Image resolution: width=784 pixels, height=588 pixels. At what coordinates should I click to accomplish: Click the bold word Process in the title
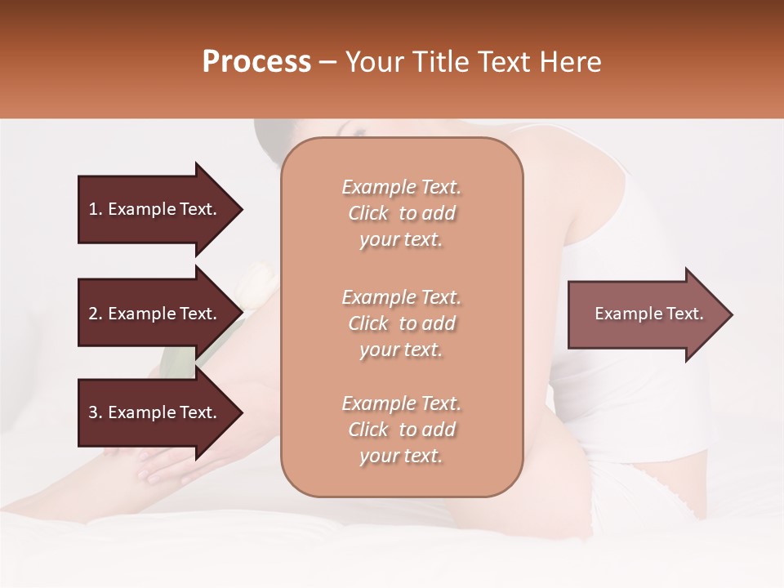coord(256,62)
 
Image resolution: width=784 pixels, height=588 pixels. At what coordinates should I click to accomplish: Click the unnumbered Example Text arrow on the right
coord(648,314)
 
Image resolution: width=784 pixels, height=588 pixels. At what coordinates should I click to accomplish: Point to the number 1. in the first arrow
coord(96,209)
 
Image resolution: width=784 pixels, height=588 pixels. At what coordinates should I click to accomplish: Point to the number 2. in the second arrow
coord(96,314)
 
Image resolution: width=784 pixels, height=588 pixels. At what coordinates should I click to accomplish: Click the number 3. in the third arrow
coord(96,412)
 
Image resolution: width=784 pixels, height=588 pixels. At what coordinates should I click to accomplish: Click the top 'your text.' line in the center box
coord(401,240)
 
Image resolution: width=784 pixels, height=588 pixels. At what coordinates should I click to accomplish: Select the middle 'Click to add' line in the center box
coord(401,323)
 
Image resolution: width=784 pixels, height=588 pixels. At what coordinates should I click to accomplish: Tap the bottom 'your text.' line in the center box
coord(401,457)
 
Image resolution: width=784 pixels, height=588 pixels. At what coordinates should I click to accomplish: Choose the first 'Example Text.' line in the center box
coord(401,187)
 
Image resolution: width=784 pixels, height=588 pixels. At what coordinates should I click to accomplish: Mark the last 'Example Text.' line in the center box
coord(401,403)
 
